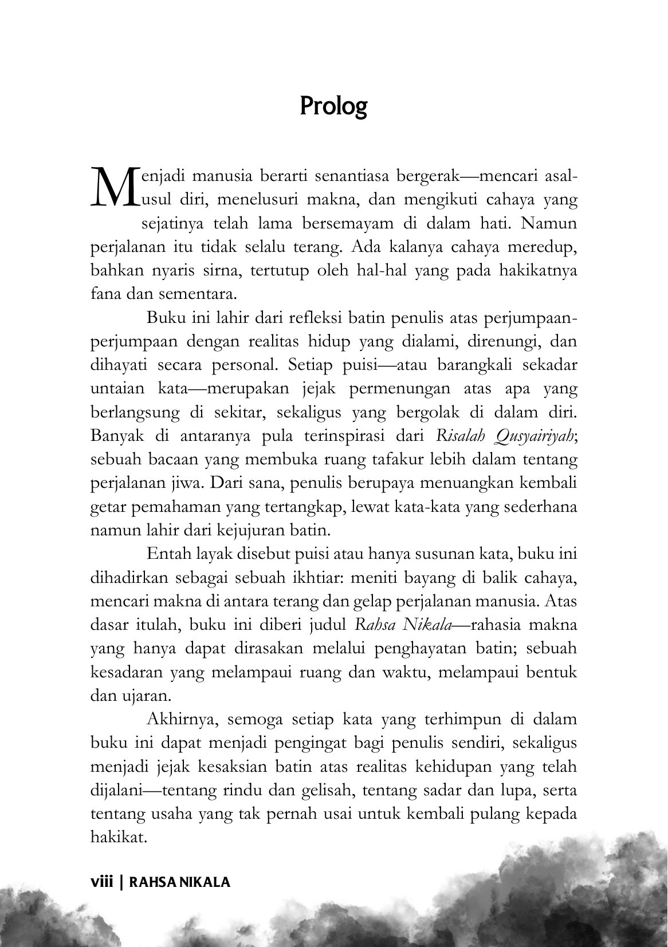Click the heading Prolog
333,106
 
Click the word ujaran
139,697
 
